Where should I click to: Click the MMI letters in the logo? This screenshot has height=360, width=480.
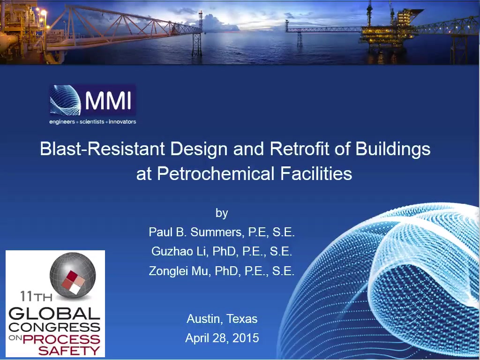tap(108, 100)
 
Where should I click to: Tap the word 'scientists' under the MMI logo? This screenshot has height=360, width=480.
tap(92, 122)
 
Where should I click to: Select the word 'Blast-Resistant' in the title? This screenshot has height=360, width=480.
tap(103, 149)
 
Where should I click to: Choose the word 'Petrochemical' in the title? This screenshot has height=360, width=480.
tap(216, 174)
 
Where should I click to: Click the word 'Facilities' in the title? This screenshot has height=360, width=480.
tap(316, 173)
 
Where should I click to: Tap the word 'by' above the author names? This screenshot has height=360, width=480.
tap(222, 213)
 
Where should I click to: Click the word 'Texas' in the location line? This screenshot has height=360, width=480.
tap(242, 319)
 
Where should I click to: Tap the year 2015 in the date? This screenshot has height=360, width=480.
tap(246, 338)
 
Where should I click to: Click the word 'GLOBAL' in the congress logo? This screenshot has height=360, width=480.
tap(54, 314)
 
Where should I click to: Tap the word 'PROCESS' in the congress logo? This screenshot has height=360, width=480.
tap(61, 339)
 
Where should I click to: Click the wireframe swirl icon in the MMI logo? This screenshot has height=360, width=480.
tap(65, 100)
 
